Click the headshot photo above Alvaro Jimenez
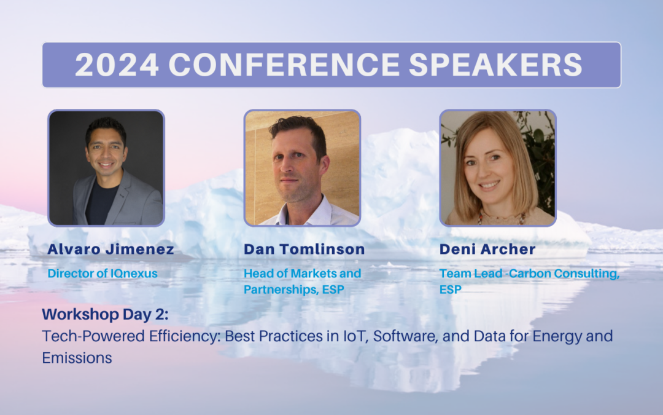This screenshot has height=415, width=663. coord(106,168)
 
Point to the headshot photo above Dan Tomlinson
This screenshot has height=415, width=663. coord(302,168)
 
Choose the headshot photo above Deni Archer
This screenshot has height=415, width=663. coord(498,168)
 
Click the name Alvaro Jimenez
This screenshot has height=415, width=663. coord(110,249)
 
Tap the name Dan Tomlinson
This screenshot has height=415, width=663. coord(304,249)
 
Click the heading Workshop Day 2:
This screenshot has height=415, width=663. coord(105,315)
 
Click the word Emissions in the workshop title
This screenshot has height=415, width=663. coord(77,358)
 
